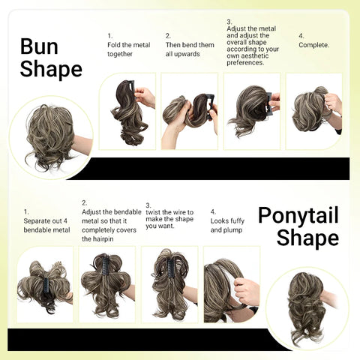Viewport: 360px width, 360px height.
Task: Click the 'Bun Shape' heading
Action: click(50, 58)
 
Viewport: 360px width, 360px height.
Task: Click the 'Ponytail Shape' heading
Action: click(298, 226)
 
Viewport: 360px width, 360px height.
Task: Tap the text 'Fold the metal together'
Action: click(129, 49)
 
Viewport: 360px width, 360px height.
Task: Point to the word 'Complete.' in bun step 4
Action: click(314, 44)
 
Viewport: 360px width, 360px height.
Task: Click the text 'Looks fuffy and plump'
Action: click(226, 225)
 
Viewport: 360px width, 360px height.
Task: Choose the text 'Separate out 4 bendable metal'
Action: click(46, 225)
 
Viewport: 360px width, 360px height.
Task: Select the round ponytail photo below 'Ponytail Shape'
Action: click(307, 306)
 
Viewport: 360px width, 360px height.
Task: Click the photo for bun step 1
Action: click(127, 110)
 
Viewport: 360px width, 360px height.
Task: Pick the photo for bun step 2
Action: click(189, 110)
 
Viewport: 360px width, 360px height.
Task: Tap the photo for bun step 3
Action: click(252, 110)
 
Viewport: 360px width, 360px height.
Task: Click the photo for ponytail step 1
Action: click(44, 284)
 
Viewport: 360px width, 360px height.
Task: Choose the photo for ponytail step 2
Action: click(106, 284)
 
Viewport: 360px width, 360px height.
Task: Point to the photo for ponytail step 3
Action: click(169, 284)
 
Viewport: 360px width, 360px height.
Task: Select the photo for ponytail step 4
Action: click(231, 284)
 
